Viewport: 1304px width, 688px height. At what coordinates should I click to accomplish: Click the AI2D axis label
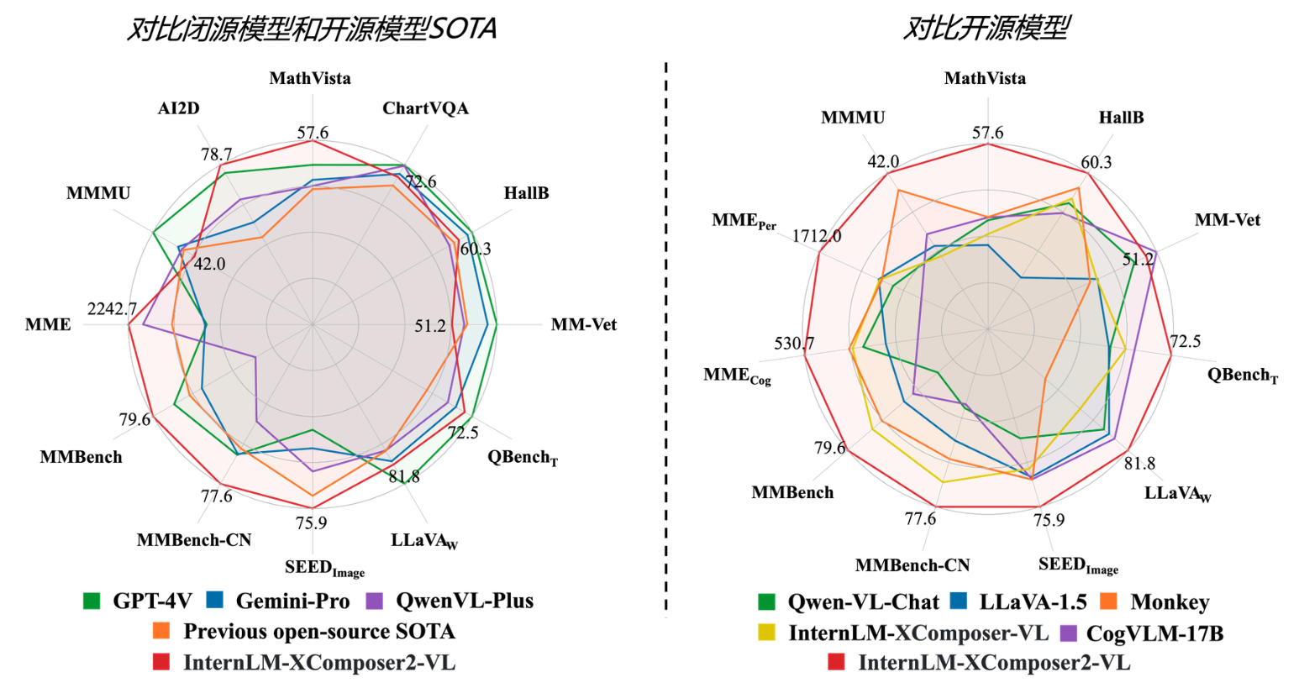tap(178, 109)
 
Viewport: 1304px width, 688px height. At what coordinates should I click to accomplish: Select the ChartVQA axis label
tap(425, 109)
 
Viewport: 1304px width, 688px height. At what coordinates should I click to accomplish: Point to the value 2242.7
tap(112, 310)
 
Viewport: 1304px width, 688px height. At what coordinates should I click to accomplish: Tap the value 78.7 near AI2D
tap(216, 155)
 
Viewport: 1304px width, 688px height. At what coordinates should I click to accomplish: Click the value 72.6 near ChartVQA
tap(420, 182)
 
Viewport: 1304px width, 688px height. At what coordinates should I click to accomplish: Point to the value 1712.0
tap(816, 237)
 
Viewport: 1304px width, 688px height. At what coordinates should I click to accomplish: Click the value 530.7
tap(794, 344)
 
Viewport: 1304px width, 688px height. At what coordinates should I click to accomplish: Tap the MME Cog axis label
tap(737, 376)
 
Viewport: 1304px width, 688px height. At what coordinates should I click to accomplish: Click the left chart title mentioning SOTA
tap(312, 29)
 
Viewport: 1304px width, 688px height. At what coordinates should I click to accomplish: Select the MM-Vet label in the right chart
tap(1227, 221)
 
